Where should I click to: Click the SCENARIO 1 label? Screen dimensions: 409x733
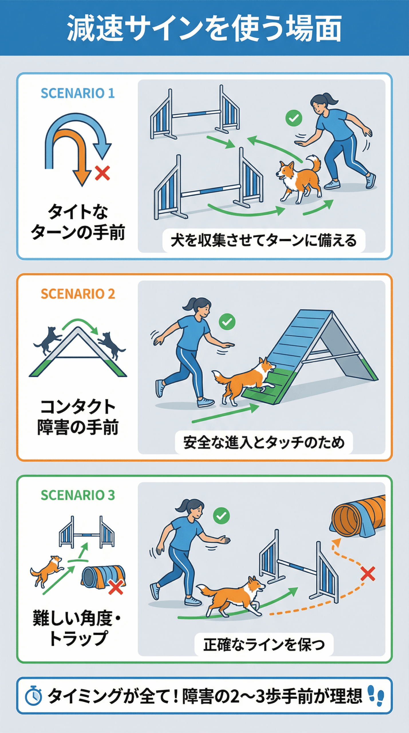click(x=78, y=93)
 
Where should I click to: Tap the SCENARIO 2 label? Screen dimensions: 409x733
click(x=78, y=294)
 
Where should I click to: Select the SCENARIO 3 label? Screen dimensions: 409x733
click(x=78, y=495)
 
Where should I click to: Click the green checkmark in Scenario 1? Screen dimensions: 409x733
click(x=294, y=118)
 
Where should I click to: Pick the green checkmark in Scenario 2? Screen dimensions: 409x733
click(x=227, y=322)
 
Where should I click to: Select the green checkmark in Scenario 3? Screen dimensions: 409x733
click(x=221, y=516)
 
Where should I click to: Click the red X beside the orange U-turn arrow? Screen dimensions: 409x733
click(x=102, y=173)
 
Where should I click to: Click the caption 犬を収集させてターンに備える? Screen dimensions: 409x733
click(x=264, y=241)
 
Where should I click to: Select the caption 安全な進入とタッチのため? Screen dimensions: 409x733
click(x=264, y=442)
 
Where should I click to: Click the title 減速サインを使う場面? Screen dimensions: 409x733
click(x=204, y=28)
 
